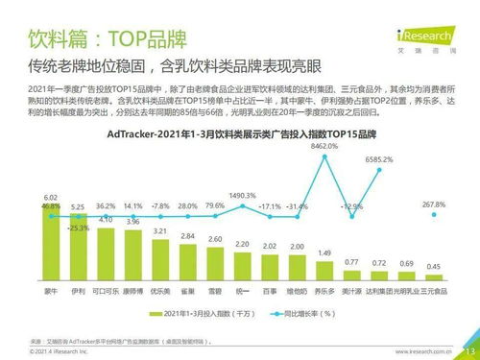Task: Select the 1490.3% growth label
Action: (x=243, y=195)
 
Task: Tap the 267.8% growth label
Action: (x=433, y=204)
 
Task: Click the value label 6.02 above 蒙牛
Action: (x=51, y=197)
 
